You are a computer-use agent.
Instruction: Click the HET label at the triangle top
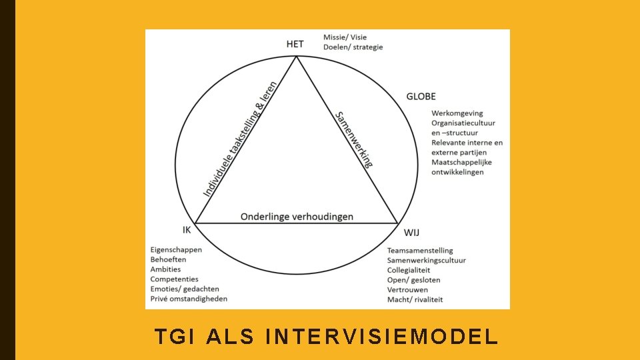point(295,44)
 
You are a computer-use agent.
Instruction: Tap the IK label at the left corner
point(187,230)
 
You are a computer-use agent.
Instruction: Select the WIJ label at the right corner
point(411,232)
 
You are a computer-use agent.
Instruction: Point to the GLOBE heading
point(421,97)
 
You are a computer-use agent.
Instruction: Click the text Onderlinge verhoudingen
point(297,217)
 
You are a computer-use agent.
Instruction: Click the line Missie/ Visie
point(345,37)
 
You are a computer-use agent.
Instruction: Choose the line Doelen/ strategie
point(353,47)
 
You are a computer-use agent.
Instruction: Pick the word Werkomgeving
point(457,113)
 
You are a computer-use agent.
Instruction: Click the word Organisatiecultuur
point(463,123)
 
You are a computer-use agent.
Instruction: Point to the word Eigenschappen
point(176,250)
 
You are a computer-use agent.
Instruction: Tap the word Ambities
point(165,269)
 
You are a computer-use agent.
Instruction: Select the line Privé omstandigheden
point(189,299)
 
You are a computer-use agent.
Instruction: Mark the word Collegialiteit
point(409,270)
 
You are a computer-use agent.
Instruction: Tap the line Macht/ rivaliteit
point(415,299)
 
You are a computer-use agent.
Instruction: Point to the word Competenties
point(174,279)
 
